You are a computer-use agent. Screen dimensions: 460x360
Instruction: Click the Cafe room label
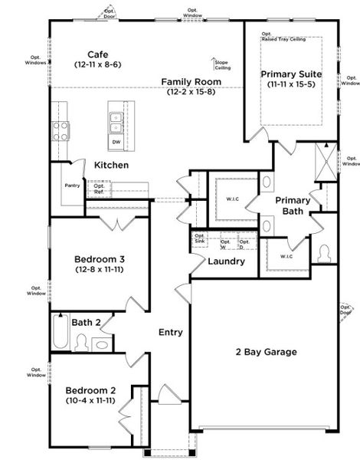pyautogui.click(x=97, y=55)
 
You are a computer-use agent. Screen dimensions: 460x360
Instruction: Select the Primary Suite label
pyautogui.click(x=290, y=74)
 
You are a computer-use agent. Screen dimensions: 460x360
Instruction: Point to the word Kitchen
pyautogui.click(x=111, y=165)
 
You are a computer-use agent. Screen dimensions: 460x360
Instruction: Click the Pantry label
pyautogui.click(x=73, y=185)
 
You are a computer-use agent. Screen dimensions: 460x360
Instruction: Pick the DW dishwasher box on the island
pyautogui.click(x=116, y=142)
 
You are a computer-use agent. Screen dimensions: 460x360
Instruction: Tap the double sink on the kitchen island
pyautogui.click(x=116, y=119)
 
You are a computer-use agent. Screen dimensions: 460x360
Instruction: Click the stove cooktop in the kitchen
pyautogui.click(x=61, y=130)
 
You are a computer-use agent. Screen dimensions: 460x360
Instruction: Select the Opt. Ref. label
pyautogui.click(x=99, y=187)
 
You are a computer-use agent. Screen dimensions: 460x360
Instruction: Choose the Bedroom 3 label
pyautogui.click(x=100, y=259)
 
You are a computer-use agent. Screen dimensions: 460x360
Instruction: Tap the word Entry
pyautogui.click(x=170, y=332)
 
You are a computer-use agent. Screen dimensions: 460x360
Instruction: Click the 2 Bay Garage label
pyautogui.click(x=266, y=352)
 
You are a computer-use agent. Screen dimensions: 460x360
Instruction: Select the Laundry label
pyautogui.click(x=227, y=261)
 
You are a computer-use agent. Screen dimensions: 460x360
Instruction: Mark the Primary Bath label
pyautogui.click(x=292, y=205)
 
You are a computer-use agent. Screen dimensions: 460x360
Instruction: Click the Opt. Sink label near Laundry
pyautogui.click(x=200, y=239)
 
